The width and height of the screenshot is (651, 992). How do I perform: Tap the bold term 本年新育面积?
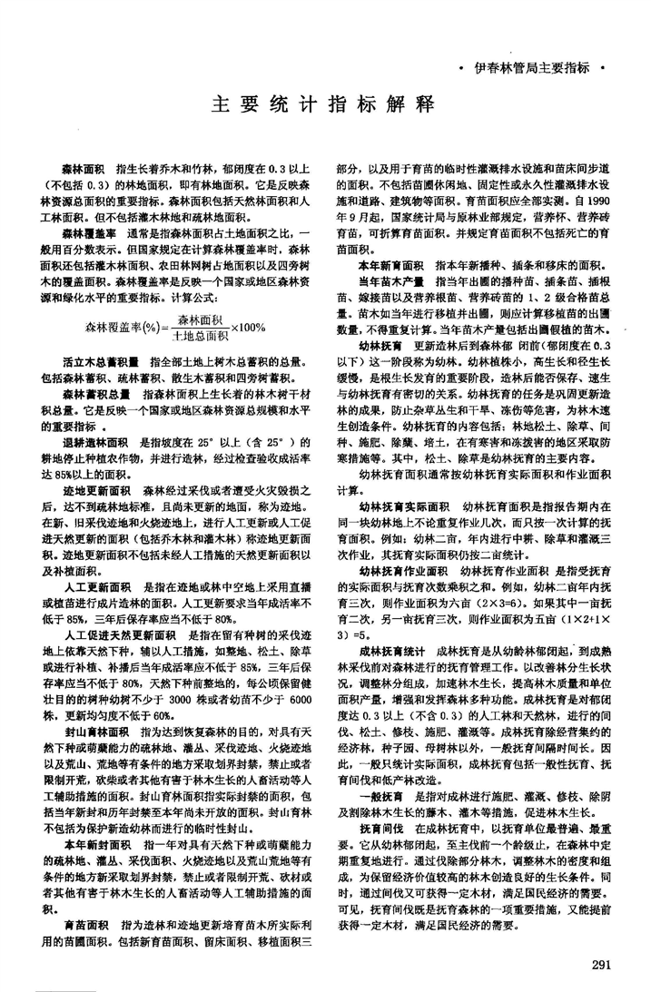391,266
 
